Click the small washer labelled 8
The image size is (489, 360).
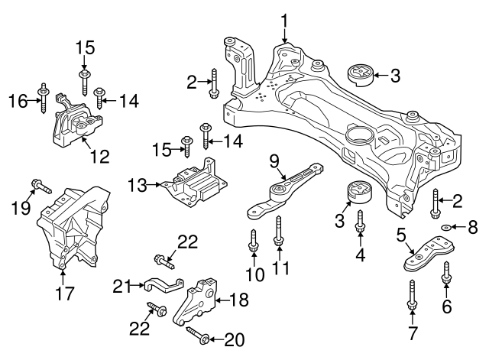pyautogui.click(x=446, y=226)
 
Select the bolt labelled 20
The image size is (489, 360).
pyautogui.click(x=197, y=336)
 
